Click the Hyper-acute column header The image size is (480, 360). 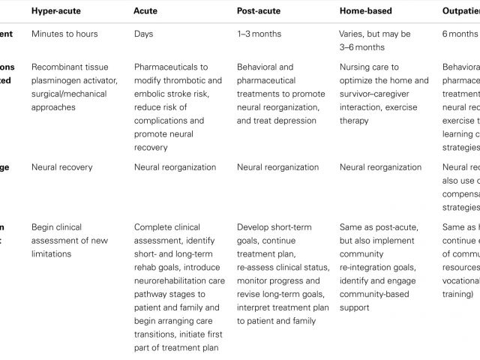click(59, 11)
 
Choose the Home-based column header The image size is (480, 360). click(365, 11)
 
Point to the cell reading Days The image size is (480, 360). click(145, 34)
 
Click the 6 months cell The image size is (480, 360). click(459, 34)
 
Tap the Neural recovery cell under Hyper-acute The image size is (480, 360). click(62, 167)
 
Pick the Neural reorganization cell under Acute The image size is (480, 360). click(175, 167)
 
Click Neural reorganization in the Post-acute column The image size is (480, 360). click(277, 167)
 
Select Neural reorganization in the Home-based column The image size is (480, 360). click(380, 167)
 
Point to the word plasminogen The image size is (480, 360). click(60, 80)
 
